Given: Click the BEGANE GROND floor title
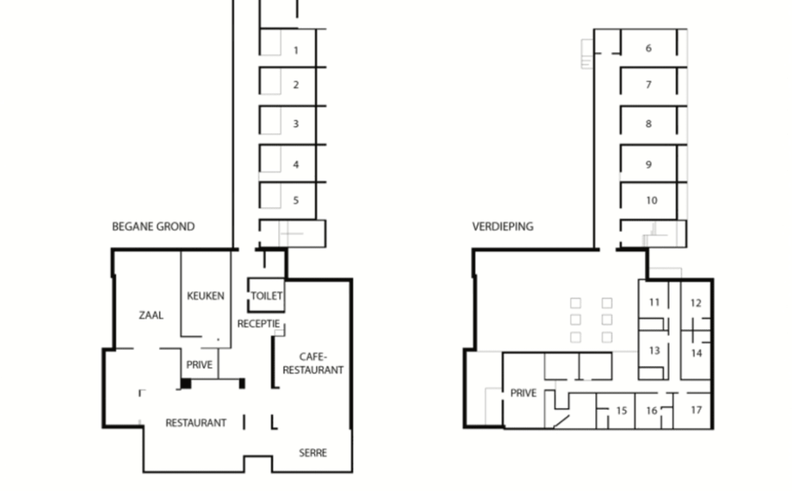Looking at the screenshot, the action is pos(153,226).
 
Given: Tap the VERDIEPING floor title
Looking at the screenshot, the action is pos(502,226).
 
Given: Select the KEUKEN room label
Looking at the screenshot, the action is pos(206,295).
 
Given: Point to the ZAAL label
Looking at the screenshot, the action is pos(151,315).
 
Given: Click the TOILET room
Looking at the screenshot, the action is pos(266,295).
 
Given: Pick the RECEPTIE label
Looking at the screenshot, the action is pos(259,323).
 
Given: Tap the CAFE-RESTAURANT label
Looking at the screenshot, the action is pos(313,363).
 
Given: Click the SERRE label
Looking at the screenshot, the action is pos(313,452).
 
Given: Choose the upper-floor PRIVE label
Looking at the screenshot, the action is pos(523,393).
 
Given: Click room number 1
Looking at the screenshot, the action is pos(296,50).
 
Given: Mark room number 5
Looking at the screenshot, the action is pos(296,200).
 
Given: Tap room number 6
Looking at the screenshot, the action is pos(648,48).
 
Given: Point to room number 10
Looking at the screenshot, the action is pos(652,200).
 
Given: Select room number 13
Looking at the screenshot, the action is pos(655,350).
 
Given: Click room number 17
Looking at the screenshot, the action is pos(696,410).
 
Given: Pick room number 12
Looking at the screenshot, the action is pos(695,303).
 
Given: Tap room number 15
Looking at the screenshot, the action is pos(621,410).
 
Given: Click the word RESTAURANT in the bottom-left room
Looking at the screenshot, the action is pos(196,423).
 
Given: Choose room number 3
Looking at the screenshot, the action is pos(296,124).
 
